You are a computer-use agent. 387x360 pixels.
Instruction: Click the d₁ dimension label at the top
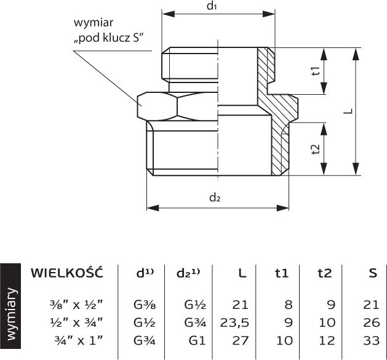tap(212, 6)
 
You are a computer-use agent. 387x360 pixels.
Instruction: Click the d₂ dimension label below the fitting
tap(215, 198)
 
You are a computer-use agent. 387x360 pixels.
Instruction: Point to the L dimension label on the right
tap(349, 111)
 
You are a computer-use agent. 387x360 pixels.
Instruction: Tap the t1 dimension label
tap(316, 71)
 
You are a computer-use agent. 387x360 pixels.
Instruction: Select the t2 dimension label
tap(316, 149)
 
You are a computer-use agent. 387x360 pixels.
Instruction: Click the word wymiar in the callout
tap(94, 23)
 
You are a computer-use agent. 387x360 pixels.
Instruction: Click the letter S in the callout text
tap(136, 38)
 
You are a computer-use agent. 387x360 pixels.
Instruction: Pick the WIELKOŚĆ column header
tap(66, 273)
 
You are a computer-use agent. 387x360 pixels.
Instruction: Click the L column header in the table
tap(242, 273)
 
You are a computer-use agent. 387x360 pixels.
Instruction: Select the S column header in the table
tap(373, 273)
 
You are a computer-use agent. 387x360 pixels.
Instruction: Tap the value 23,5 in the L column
tap(234, 322)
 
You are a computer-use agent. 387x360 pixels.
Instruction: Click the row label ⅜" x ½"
tap(76, 305)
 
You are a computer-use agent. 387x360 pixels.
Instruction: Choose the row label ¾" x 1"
tap(79, 340)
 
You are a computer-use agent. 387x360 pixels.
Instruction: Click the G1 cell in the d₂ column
tap(197, 341)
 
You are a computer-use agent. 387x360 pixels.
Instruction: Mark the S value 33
tap(371, 341)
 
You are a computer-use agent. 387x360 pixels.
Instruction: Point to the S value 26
tap(371, 322)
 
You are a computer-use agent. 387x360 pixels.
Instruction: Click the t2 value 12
tap(327, 341)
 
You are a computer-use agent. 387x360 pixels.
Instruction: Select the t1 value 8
tap(289, 305)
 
